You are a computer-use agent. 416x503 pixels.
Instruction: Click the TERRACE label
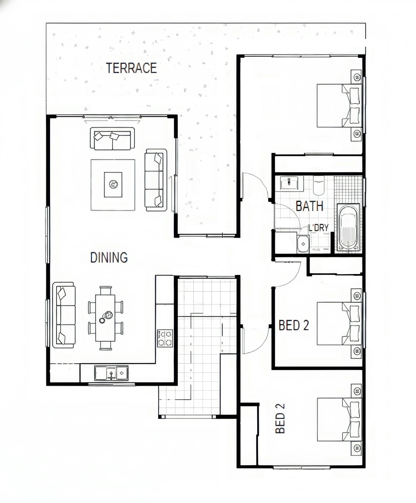[x=131, y=68]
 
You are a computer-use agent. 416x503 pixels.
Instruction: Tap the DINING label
[x=109, y=258]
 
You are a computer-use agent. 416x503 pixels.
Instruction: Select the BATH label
[x=309, y=206]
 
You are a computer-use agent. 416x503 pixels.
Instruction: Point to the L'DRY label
[x=318, y=228]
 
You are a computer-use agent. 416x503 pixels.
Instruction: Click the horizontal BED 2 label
[x=294, y=325]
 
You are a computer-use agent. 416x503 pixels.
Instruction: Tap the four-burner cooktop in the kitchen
[x=165, y=338]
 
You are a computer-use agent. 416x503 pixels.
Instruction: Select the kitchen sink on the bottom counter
[x=111, y=373]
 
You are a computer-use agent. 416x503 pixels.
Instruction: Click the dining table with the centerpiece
[x=105, y=318]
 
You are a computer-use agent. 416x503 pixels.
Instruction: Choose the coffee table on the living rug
[x=113, y=185]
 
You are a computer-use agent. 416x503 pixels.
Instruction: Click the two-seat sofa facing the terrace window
[x=112, y=139]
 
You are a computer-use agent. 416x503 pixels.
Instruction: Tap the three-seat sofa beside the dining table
[x=64, y=315]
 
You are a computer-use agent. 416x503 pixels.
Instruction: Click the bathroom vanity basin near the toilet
[x=289, y=182]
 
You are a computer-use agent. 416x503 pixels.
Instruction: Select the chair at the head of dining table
[x=106, y=290]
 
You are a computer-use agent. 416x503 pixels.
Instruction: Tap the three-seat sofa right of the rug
[x=156, y=180]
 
